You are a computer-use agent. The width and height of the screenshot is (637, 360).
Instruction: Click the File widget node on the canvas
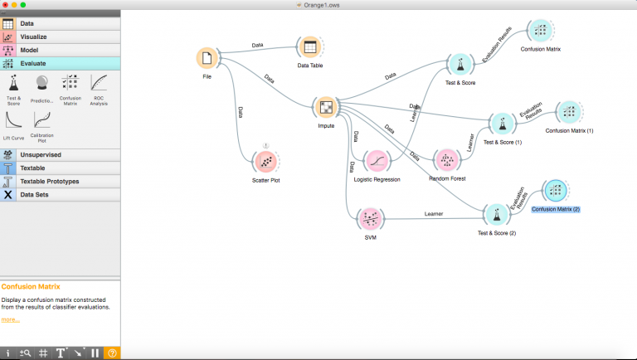(x=207, y=59)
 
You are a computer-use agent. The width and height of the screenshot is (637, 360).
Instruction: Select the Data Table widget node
(x=309, y=47)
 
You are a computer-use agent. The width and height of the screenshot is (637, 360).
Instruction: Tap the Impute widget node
(x=326, y=107)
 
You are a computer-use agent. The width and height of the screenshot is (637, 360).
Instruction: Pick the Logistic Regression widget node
(x=377, y=160)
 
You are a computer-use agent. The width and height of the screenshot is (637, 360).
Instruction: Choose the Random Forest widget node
(x=446, y=160)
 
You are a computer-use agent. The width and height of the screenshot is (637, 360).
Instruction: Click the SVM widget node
(x=369, y=218)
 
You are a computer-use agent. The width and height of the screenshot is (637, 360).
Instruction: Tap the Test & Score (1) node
(x=502, y=124)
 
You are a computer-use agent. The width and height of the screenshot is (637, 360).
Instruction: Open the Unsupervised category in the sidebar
(x=41, y=154)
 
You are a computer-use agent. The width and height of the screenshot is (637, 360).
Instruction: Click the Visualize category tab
(x=33, y=37)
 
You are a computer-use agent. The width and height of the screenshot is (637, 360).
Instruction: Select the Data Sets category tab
(x=38, y=194)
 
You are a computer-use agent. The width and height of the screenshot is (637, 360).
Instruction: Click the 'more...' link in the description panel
(x=10, y=319)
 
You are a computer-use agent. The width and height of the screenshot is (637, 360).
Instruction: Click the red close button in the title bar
(x=7, y=4)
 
